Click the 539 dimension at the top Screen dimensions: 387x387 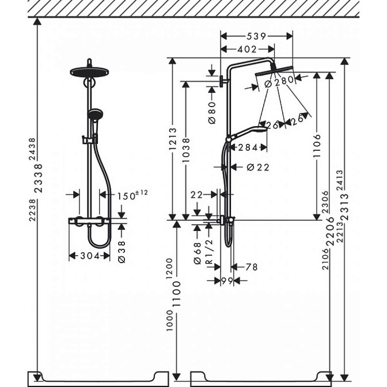(256, 36)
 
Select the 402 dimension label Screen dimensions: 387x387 (247, 50)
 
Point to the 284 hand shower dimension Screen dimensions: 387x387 (248, 147)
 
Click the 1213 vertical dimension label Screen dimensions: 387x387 (173, 139)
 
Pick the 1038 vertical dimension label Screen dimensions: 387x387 (186, 150)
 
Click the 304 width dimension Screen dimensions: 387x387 (90, 256)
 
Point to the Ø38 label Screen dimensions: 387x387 (122, 252)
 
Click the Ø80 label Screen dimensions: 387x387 (212, 112)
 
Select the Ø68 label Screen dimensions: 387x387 (198, 253)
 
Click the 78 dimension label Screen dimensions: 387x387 (251, 267)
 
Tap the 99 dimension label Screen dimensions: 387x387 (227, 280)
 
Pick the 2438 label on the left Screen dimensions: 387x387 (32, 149)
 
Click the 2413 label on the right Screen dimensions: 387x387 (340, 180)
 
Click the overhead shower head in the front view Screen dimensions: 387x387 (90, 73)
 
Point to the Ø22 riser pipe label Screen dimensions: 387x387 (258, 168)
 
